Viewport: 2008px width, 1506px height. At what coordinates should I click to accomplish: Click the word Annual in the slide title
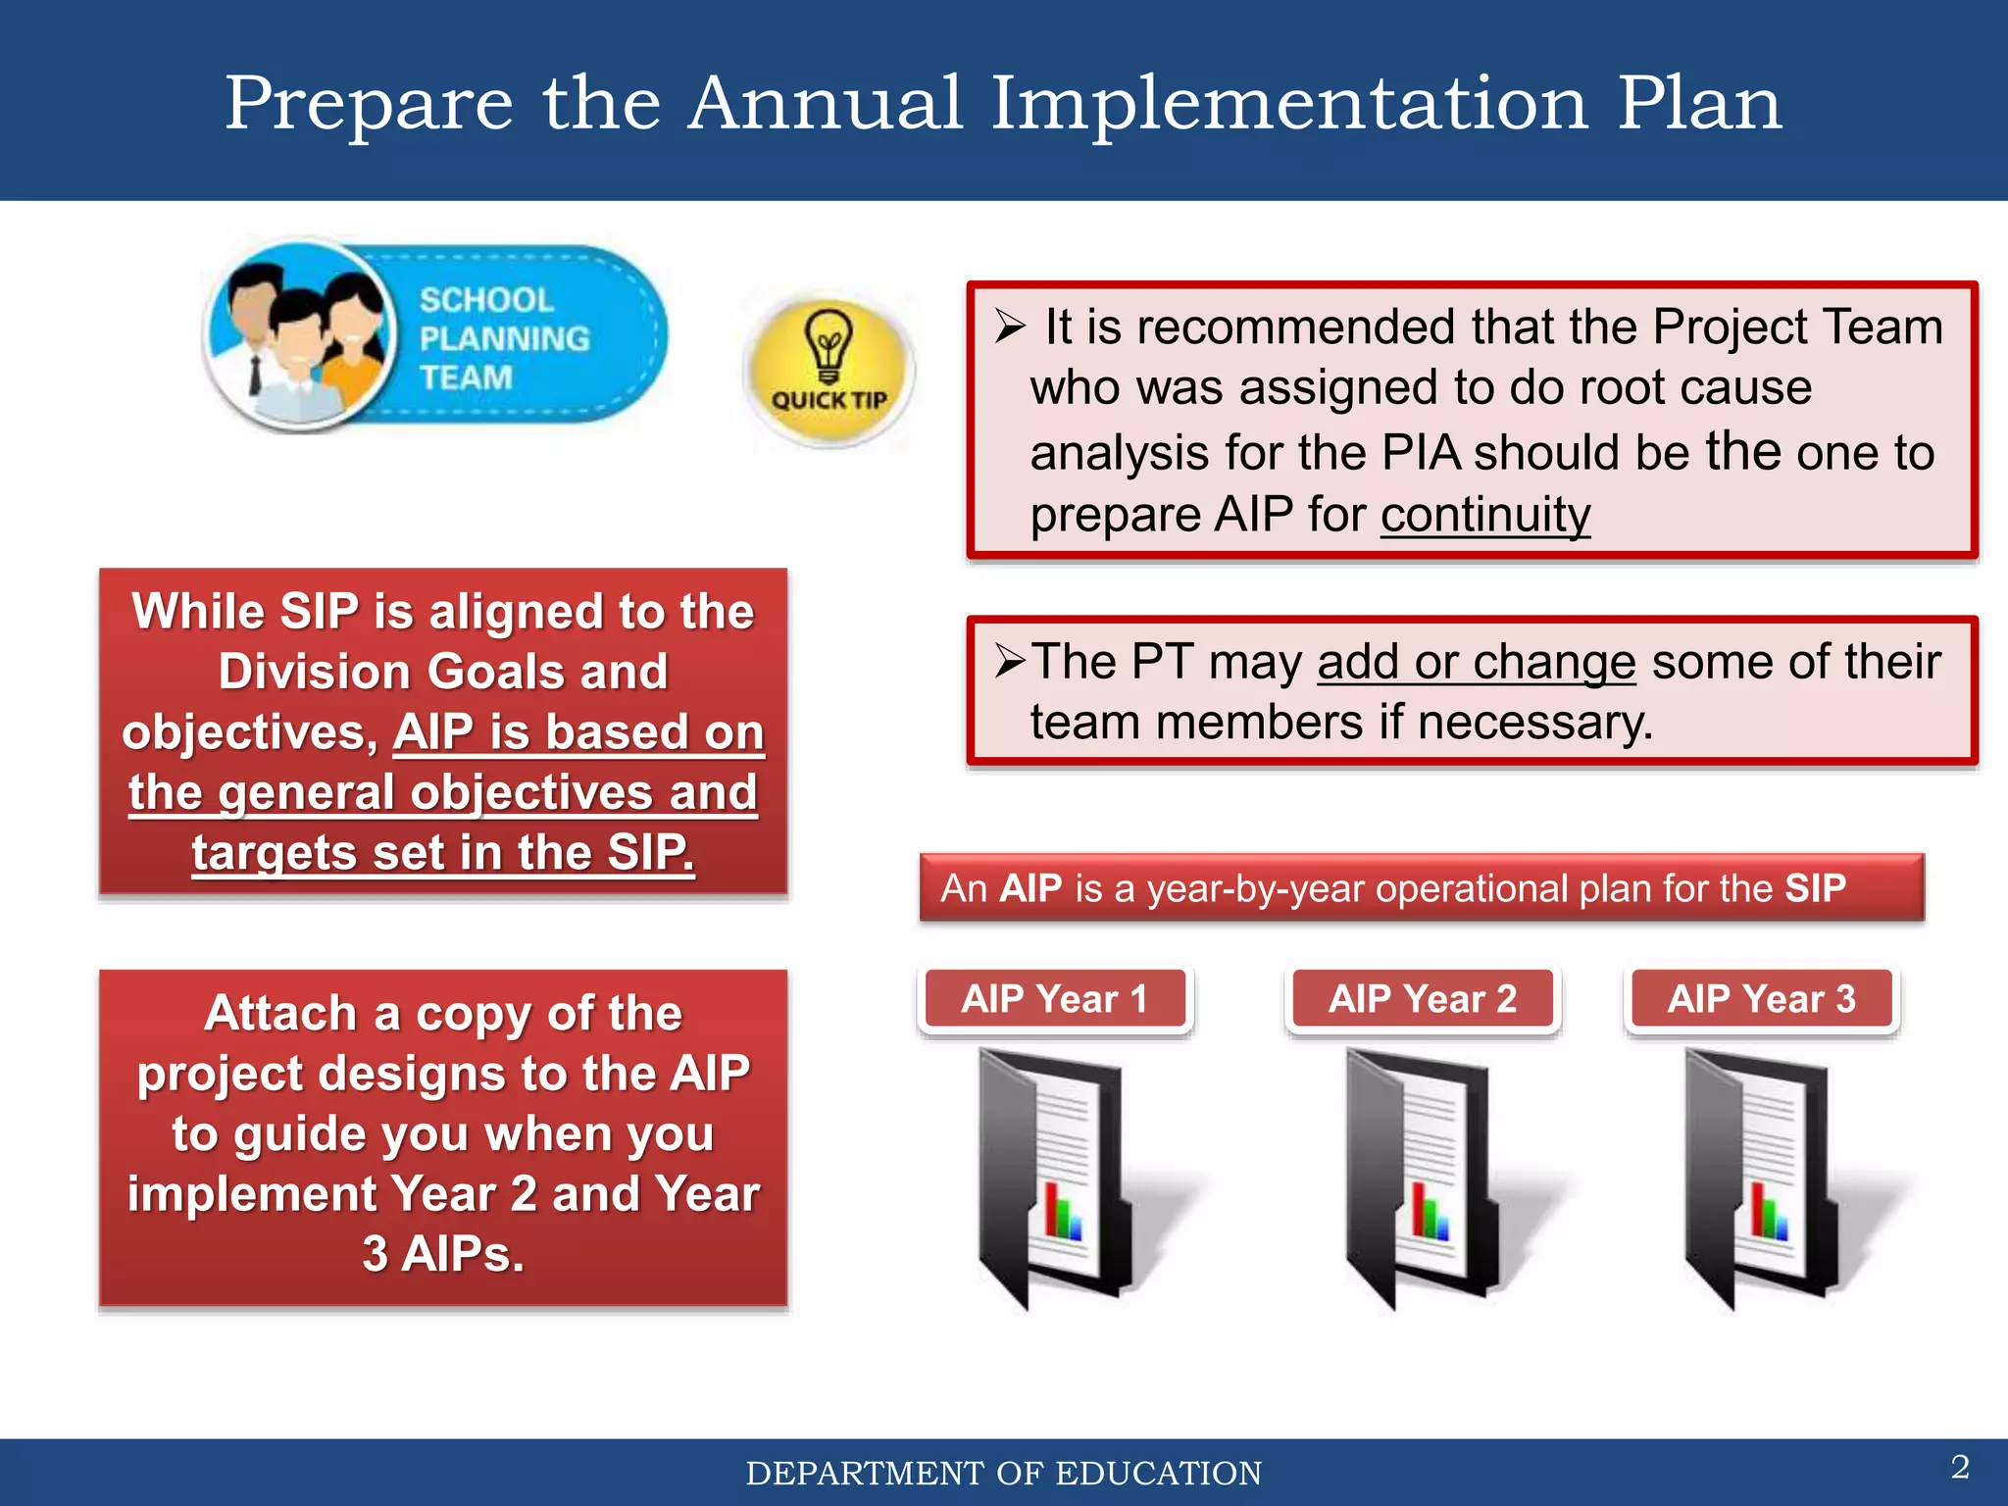(x=825, y=103)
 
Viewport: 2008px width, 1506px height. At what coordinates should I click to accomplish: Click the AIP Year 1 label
(x=1055, y=999)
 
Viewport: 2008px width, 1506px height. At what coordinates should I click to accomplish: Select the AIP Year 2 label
(x=1423, y=999)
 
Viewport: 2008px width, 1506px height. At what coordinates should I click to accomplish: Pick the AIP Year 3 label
(x=1762, y=999)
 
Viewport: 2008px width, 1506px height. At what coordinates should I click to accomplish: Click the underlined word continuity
(x=1485, y=515)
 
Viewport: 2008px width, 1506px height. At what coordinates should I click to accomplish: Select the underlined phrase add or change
(x=1476, y=662)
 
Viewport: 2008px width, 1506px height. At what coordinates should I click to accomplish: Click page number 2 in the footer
(x=1960, y=1467)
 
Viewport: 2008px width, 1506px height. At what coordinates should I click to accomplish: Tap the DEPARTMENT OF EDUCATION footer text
(x=1003, y=1474)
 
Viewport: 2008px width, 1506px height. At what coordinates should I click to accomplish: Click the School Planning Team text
(x=503, y=338)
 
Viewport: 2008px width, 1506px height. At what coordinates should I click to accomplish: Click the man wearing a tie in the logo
(x=246, y=333)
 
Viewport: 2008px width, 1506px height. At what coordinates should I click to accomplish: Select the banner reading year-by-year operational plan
(x=1422, y=888)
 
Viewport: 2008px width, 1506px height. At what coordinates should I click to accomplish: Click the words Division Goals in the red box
(x=442, y=672)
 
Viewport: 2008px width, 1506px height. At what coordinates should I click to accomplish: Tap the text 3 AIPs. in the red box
(x=443, y=1254)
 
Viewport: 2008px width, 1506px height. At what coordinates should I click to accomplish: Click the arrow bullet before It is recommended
(x=1010, y=326)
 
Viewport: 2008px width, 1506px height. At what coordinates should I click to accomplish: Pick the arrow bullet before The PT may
(x=1010, y=662)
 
